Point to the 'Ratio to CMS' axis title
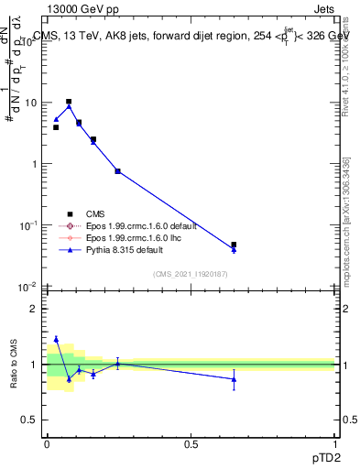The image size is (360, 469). tap(15, 365)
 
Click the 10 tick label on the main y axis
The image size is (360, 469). tap(31, 104)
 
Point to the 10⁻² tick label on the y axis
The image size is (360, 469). tap(29, 287)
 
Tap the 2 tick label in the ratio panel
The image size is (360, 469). tap(35, 309)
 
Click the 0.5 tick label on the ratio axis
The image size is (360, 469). tap(31, 420)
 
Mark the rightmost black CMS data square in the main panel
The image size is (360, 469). tap(234, 245)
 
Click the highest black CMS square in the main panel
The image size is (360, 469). tap(69, 102)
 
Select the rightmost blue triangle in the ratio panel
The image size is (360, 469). tap(234, 379)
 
